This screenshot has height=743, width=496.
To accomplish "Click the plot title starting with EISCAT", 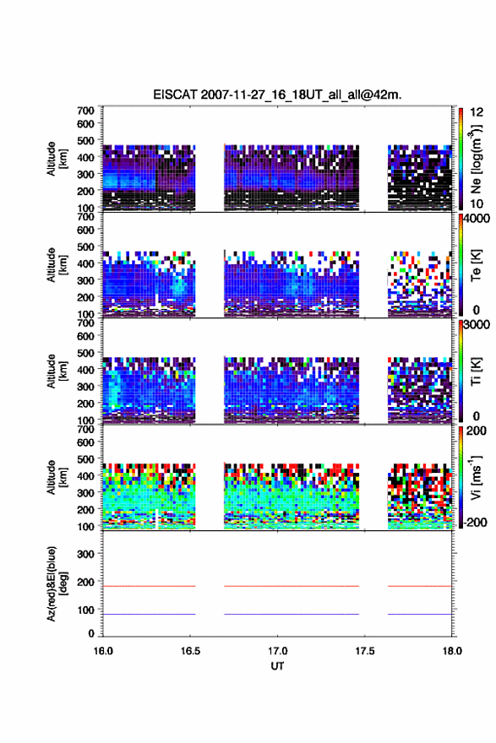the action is (277, 95).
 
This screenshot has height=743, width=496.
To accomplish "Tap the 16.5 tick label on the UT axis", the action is (190, 651).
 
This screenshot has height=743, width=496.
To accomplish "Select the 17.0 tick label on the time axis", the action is (277, 651).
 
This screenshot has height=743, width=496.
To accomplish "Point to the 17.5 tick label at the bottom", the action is (365, 651).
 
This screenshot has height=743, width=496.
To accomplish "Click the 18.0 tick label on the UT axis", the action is (452, 651).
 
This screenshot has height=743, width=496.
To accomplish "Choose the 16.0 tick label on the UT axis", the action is (103, 651).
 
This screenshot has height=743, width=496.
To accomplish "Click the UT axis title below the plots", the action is (277, 666).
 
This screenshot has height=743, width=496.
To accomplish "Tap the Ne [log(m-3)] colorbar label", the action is (476, 160).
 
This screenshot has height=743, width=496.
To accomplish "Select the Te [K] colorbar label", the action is (476, 265).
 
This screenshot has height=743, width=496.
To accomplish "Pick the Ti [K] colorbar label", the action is (476, 371).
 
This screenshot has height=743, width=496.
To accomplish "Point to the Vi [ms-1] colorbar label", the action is (476, 477).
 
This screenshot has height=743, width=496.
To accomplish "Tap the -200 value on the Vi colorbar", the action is (473, 522).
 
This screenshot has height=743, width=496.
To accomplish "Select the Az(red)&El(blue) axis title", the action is (57, 583).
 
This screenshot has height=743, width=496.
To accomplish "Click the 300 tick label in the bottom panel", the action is (85, 554).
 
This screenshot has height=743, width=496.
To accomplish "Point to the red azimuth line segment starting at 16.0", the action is (150, 586).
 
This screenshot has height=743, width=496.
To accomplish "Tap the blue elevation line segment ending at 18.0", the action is (420, 614).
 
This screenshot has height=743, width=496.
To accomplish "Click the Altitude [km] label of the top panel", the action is (57, 159).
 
